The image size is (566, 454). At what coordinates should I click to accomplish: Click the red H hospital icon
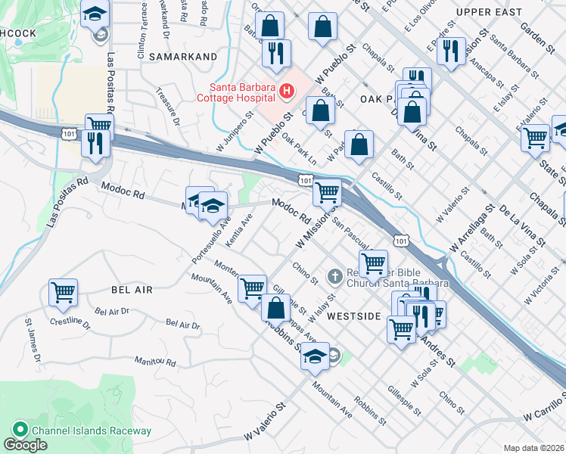[x=287, y=92]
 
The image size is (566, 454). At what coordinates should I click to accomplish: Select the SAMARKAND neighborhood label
[x=183, y=56]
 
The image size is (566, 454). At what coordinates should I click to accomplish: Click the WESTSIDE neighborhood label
[x=353, y=316]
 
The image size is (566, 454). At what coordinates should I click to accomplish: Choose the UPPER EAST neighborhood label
[x=490, y=13]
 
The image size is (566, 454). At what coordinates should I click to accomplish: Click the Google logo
[x=25, y=445]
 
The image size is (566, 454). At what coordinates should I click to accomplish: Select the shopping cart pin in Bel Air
[x=63, y=291]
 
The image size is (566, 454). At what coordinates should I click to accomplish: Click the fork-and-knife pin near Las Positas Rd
[x=95, y=143]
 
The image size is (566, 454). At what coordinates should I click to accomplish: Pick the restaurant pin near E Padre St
[x=451, y=51]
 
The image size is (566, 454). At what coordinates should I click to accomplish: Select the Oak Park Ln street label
[x=299, y=148]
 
